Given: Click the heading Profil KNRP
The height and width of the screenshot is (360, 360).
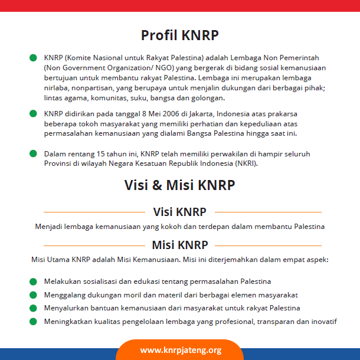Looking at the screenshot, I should [x=179, y=35].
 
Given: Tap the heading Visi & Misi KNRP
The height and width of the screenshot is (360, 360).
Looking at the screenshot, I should [x=179, y=185].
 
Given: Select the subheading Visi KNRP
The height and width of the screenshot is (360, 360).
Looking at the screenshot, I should [x=179, y=212].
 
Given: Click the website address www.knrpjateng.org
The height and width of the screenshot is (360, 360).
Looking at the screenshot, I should [x=181, y=350].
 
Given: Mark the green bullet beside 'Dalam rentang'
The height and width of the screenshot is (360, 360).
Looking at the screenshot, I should [x=33, y=153].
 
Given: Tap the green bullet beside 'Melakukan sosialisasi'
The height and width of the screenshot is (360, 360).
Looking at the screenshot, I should [x=33, y=282].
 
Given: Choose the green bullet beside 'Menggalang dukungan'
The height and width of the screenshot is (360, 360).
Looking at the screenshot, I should [x=33, y=294].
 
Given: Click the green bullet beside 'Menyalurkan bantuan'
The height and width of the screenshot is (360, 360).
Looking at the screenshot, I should [x=33, y=308].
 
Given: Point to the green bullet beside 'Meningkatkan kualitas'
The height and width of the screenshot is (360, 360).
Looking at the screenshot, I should [x=33, y=322].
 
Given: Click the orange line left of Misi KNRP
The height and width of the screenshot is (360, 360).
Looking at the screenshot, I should [x=94, y=246].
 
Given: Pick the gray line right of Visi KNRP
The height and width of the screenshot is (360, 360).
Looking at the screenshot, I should [x=269, y=212].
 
